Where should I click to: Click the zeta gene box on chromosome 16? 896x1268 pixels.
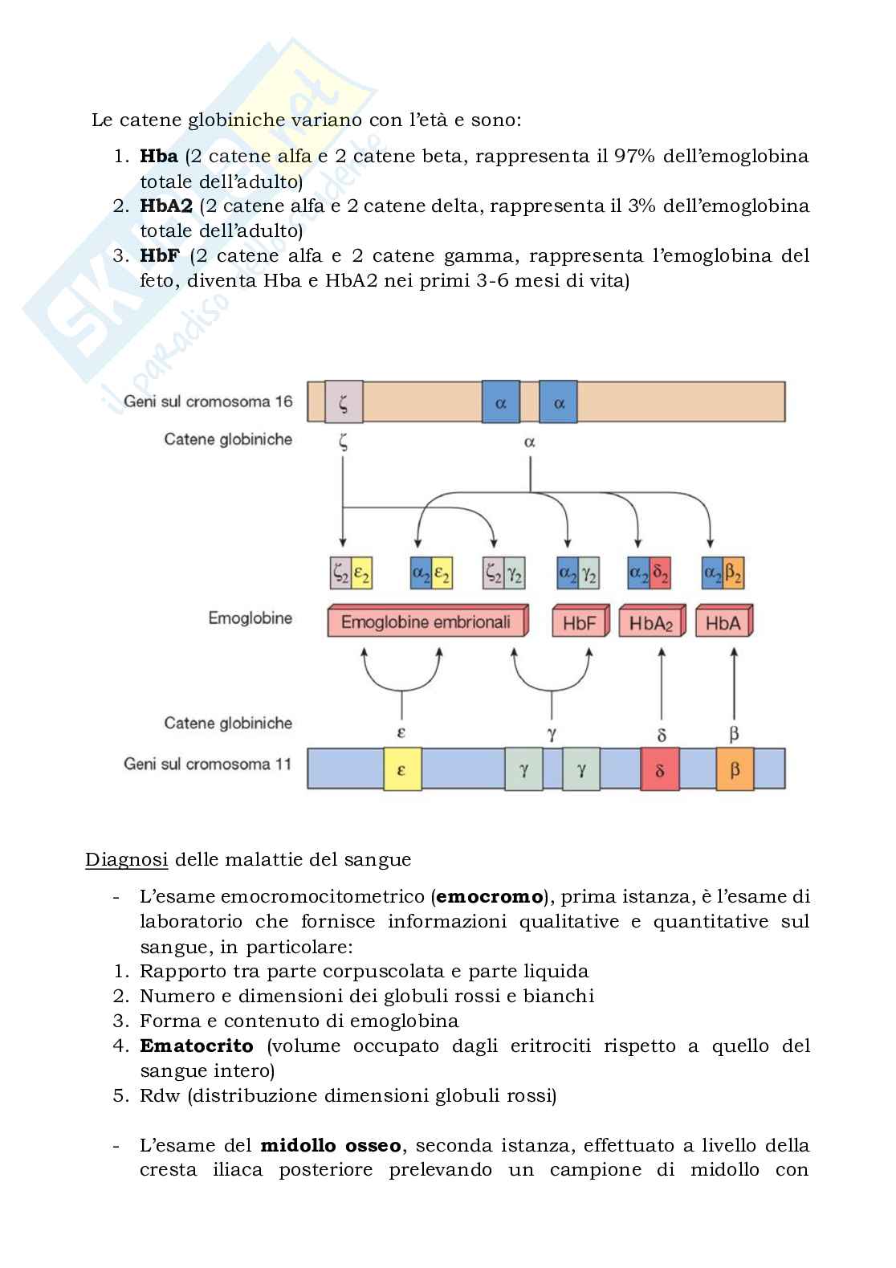coord(344,402)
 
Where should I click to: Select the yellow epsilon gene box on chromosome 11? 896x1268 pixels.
coord(402,769)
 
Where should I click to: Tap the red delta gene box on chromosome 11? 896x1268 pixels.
coord(660,769)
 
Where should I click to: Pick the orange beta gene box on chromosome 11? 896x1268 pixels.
coord(735,769)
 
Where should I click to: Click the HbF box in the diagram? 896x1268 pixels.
coord(578,623)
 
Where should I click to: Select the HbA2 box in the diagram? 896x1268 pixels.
coord(650,623)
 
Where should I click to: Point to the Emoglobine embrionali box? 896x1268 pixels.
coord(426,622)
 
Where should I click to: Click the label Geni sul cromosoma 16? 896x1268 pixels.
coord(208,402)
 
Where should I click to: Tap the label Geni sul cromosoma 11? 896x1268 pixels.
coord(207,764)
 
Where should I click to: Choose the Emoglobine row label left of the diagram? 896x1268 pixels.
coord(250,618)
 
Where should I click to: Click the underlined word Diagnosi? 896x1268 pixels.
coord(127,860)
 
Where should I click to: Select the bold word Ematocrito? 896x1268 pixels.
coord(197,1046)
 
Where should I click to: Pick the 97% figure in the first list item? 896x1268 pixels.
coord(637,156)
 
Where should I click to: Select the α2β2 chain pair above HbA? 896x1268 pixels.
coord(723,574)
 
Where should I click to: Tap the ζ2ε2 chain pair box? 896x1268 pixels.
coord(351,574)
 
